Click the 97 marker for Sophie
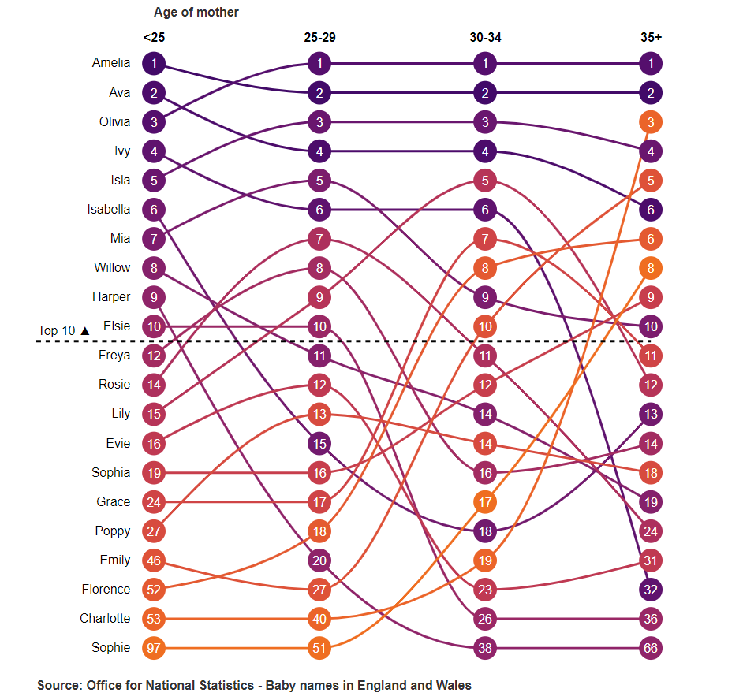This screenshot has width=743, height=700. pyautogui.click(x=154, y=648)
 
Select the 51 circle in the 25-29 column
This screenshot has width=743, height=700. pyautogui.click(x=319, y=648)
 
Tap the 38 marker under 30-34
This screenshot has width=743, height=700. pyautogui.click(x=485, y=648)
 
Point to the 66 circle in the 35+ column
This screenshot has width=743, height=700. pyautogui.click(x=651, y=648)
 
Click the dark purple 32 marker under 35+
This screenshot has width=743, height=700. pyautogui.click(x=651, y=590)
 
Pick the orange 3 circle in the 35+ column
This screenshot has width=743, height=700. pyautogui.click(x=651, y=122)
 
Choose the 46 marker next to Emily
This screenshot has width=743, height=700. pyautogui.click(x=154, y=560)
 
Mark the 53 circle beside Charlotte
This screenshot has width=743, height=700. pyautogui.click(x=154, y=619)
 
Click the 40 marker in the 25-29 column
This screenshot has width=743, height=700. pyautogui.click(x=319, y=619)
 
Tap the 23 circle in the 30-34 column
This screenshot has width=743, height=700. pyautogui.click(x=485, y=590)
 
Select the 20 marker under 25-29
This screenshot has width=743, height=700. pyautogui.click(x=319, y=560)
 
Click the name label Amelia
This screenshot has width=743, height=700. pyautogui.click(x=111, y=63)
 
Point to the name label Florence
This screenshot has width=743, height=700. pyautogui.click(x=106, y=590)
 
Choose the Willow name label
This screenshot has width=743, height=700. pyautogui.click(x=112, y=268)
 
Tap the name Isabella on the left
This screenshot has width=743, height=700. pyautogui.click(x=109, y=210)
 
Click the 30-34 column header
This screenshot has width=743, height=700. pyautogui.click(x=485, y=37)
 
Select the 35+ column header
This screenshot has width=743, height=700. pyautogui.click(x=651, y=37)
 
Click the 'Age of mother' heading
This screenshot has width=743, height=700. pyautogui.click(x=196, y=13)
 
